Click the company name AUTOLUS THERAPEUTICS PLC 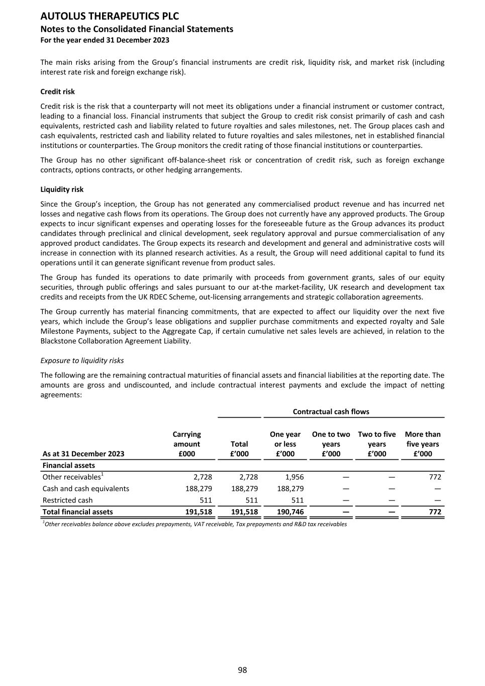(110, 17)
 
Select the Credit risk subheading (57, 92)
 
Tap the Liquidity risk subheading (62, 189)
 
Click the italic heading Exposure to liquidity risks (82, 361)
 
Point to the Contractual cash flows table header (331, 412)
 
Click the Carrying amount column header (186, 444)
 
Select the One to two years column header (331, 444)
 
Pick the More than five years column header (422, 444)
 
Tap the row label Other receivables (71, 477)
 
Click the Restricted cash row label (67, 500)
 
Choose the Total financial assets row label (77, 512)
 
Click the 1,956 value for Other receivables (294, 477)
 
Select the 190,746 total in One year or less (290, 512)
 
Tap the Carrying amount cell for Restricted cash (206, 500)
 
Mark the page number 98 (242, 670)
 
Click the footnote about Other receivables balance (195, 524)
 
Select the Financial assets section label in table (68, 465)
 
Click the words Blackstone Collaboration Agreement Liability (116, 341)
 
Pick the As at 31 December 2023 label (83, 454)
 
